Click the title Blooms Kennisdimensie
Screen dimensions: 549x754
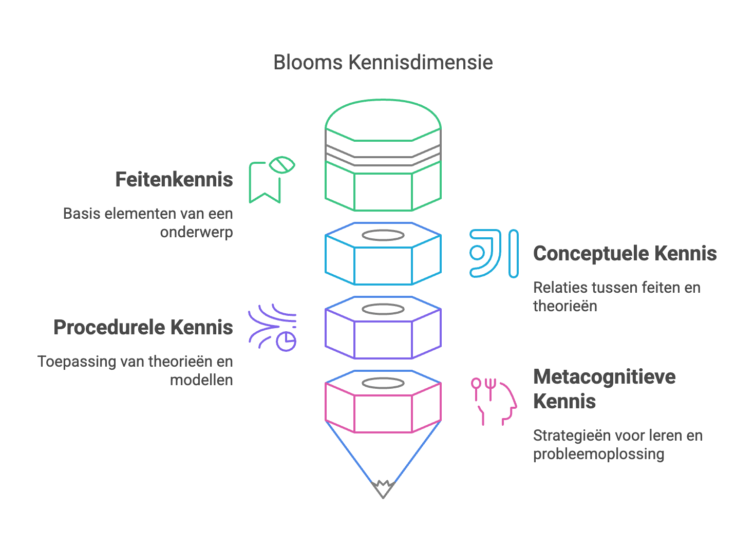383,63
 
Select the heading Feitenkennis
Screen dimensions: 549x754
174,180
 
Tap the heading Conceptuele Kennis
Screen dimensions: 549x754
625,254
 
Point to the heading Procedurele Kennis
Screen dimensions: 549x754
143,328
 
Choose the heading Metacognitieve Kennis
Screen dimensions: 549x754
604,389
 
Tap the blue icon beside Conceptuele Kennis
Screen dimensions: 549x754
493,254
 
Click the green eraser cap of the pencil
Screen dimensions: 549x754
383,154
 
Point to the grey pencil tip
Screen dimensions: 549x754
383,488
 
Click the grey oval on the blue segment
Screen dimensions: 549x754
383,236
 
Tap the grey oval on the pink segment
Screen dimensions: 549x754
383,384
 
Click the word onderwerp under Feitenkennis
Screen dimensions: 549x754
196,233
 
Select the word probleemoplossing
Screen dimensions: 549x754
598,454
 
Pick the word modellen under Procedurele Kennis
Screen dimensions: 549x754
201,380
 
